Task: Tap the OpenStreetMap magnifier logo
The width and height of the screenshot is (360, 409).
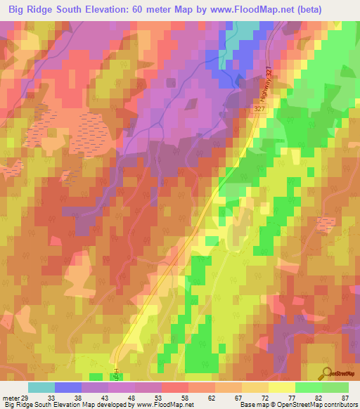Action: [326, 374]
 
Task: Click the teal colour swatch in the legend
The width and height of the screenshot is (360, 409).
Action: [41, 387]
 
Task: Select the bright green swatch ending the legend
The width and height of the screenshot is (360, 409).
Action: [335, 387]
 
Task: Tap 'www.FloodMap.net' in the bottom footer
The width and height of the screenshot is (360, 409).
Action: [160, 405]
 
